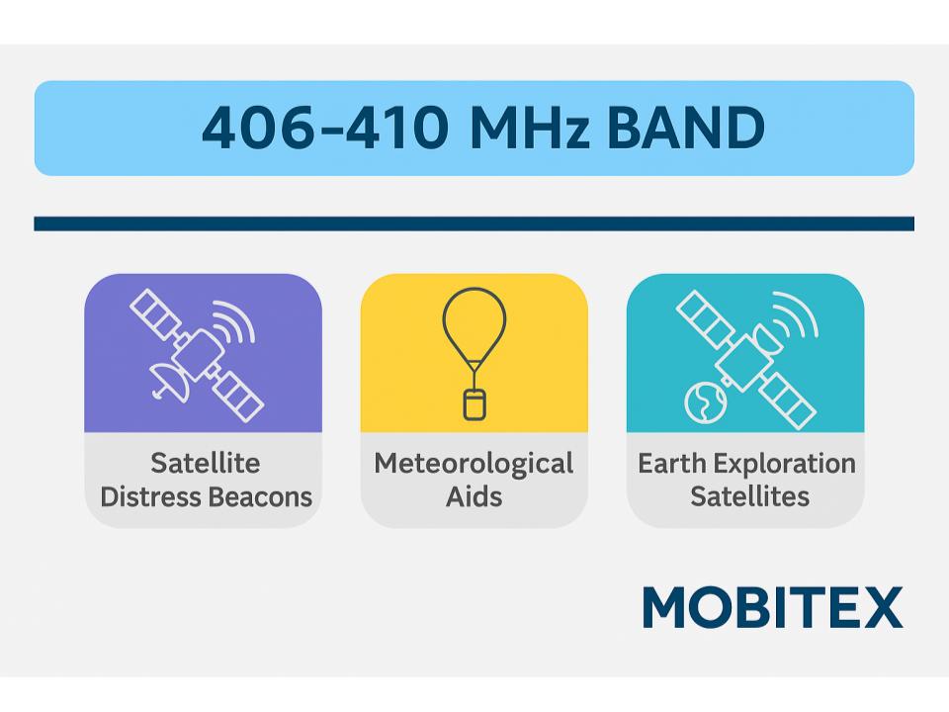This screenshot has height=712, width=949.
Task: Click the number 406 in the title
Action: (x=259, y=128)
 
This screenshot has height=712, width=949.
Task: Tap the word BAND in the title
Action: (x=686, y=128)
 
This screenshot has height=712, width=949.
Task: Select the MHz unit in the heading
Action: (x=530, y=128)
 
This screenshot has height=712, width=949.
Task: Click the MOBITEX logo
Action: (x=772, y=607)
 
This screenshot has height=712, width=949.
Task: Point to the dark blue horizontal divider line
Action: (x=474, y=223)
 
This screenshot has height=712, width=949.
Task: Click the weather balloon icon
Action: (x=474, y=354)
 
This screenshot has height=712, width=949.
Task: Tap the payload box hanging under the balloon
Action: (x=474, y=404)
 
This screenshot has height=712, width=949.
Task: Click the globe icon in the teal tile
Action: (x=705, y=401)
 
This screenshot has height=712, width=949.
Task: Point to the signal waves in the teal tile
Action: (x=796, y=314)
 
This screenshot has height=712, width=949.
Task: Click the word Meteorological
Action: (x=474, y=465)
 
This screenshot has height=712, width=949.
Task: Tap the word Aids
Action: (x=474, y=497)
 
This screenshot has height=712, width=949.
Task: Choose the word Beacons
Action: (x=261, y=497)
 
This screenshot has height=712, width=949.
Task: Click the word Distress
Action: (x=151, y=497)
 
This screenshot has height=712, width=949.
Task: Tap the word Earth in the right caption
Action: (x=672, y=464)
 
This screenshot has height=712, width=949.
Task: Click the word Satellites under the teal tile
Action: (x=750, y=496)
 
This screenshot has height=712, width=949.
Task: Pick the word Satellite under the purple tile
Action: (x=206, y=464)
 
